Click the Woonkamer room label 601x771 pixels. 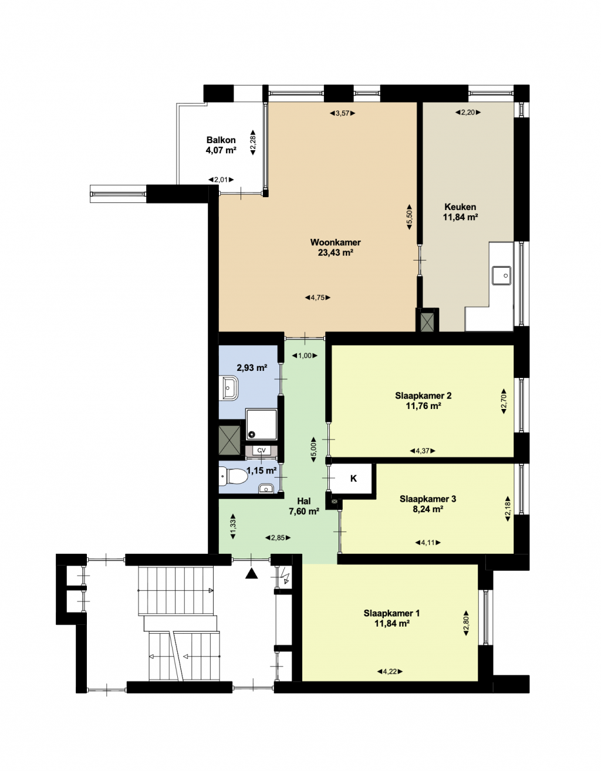pos(335,242)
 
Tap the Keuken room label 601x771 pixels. pos(460,207)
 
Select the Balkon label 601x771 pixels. pos(221,140)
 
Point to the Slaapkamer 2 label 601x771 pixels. pos(423,395)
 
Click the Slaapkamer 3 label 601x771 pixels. pos(428,499)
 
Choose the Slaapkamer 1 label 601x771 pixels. pos(391,613)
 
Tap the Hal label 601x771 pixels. pos(304,501)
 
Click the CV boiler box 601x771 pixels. pos(262,450)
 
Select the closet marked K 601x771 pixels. pos(353,479)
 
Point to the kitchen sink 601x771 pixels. pos(501,275)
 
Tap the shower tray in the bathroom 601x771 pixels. pos(262,425)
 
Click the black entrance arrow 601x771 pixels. pos(252,573)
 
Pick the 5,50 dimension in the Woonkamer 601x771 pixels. pos(409,217)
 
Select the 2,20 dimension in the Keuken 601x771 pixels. pos(468,113)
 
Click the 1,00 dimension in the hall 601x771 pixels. pos(305,356)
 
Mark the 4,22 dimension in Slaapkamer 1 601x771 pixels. pos(390,672)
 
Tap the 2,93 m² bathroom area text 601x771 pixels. pos(252,367)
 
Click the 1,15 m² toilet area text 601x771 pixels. pos(262,471)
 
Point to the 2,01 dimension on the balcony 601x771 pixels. pos(221,180)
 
